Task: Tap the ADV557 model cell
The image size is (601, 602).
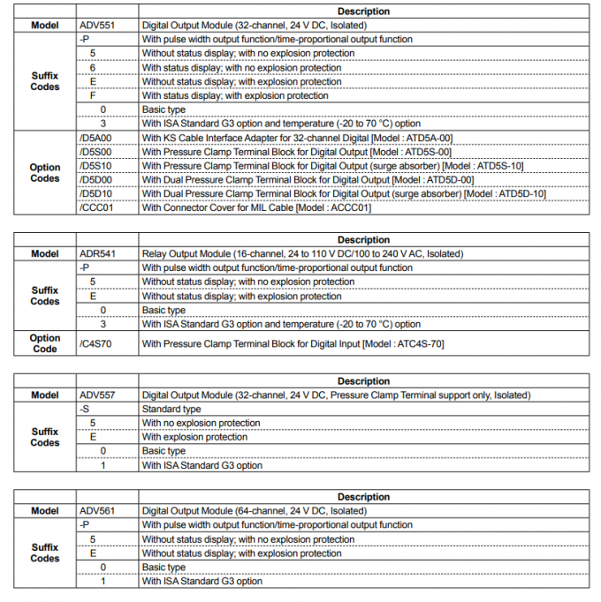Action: (x=96, y=395)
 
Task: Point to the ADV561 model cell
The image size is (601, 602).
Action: (x=96, y=511)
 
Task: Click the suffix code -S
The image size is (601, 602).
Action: (x=84, y=410)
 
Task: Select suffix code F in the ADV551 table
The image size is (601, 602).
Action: (x=92, y=96)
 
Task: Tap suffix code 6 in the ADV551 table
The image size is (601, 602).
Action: (x=92, y=68)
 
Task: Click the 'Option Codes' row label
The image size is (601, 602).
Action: (x=45, y=173)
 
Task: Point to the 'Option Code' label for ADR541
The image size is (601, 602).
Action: (x=45, y=343)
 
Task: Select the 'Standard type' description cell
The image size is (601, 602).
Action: (x=171, y=410)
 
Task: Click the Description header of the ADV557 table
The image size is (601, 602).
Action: (x=363, y=381)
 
